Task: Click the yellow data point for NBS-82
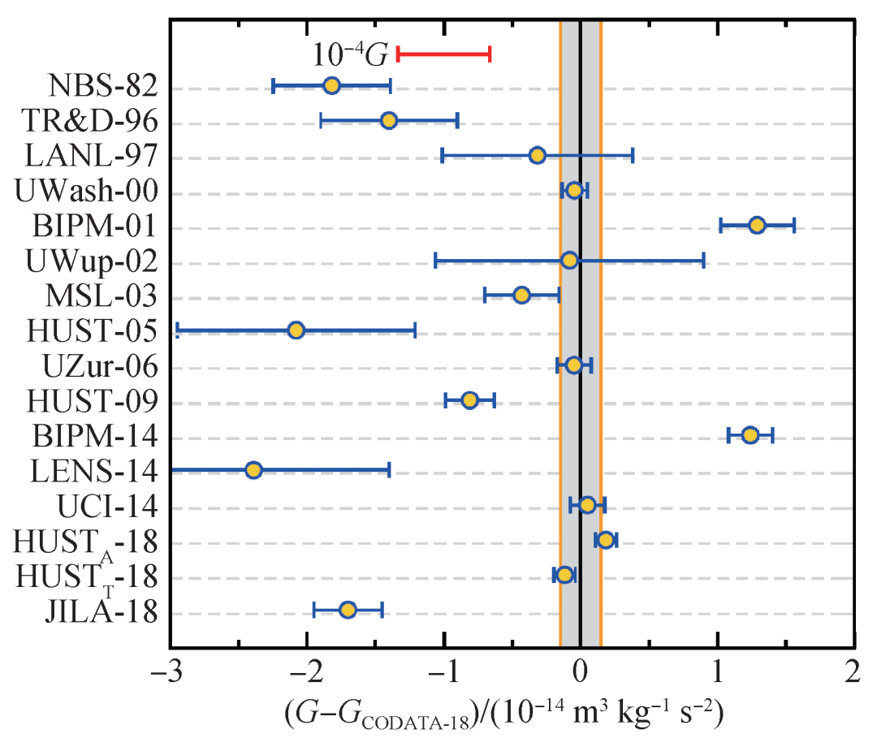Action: [331, 85]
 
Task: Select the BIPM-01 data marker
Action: [757, 225]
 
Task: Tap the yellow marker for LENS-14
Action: [253, 470]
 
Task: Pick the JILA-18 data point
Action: [348, 610]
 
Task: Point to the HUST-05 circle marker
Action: [296, 330]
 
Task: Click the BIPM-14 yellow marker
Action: [750, 434]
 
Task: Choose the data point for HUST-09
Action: [470, 399]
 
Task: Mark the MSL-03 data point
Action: [522, 295]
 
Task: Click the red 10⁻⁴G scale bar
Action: [443, 54]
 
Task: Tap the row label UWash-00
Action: [86, 191]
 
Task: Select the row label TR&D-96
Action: [90, 121]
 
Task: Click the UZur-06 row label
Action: [101, 365]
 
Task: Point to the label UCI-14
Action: [107, 506]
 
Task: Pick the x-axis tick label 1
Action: [718, 671]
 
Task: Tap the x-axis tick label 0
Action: [581, 671]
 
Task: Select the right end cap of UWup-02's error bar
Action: [703, 260]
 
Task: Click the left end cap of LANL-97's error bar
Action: [442, 155]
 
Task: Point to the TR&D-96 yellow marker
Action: [389, 120]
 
